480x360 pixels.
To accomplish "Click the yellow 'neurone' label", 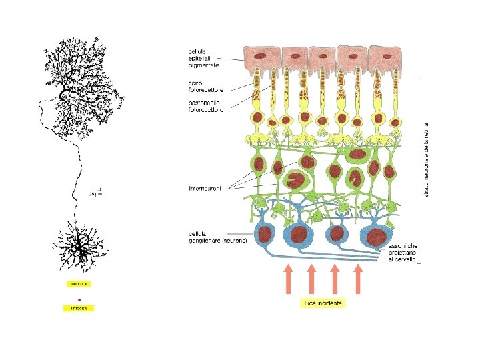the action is tap(79, 283).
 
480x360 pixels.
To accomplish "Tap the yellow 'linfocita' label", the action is tap(79, 308).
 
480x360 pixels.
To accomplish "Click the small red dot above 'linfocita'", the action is tap(79, 300).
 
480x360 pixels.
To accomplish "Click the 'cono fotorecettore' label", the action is tap(205, 87).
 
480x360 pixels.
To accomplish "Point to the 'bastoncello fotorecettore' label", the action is tap(206, 106).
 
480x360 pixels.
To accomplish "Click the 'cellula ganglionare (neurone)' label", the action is tap(217, 237).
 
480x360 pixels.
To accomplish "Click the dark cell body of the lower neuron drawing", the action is tap(79, 247).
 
